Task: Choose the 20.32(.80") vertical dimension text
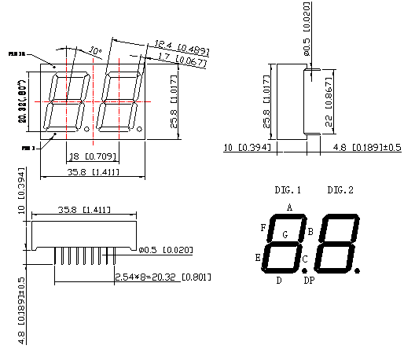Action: click(23, 102)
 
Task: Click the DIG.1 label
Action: click(288, 190)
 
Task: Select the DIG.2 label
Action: click(340, 190)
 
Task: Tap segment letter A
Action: click(289, 208)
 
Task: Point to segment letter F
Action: click(263, 227)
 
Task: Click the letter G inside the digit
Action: click(285, 234)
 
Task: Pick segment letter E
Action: click(258, 256)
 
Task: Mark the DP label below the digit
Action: click(309, 280)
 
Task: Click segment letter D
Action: click(279, 280)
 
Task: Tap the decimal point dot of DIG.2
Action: click(358, 270)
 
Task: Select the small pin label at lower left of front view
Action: click(29, 147)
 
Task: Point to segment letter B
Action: click(310, 231)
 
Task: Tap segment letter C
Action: click(305, 259)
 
